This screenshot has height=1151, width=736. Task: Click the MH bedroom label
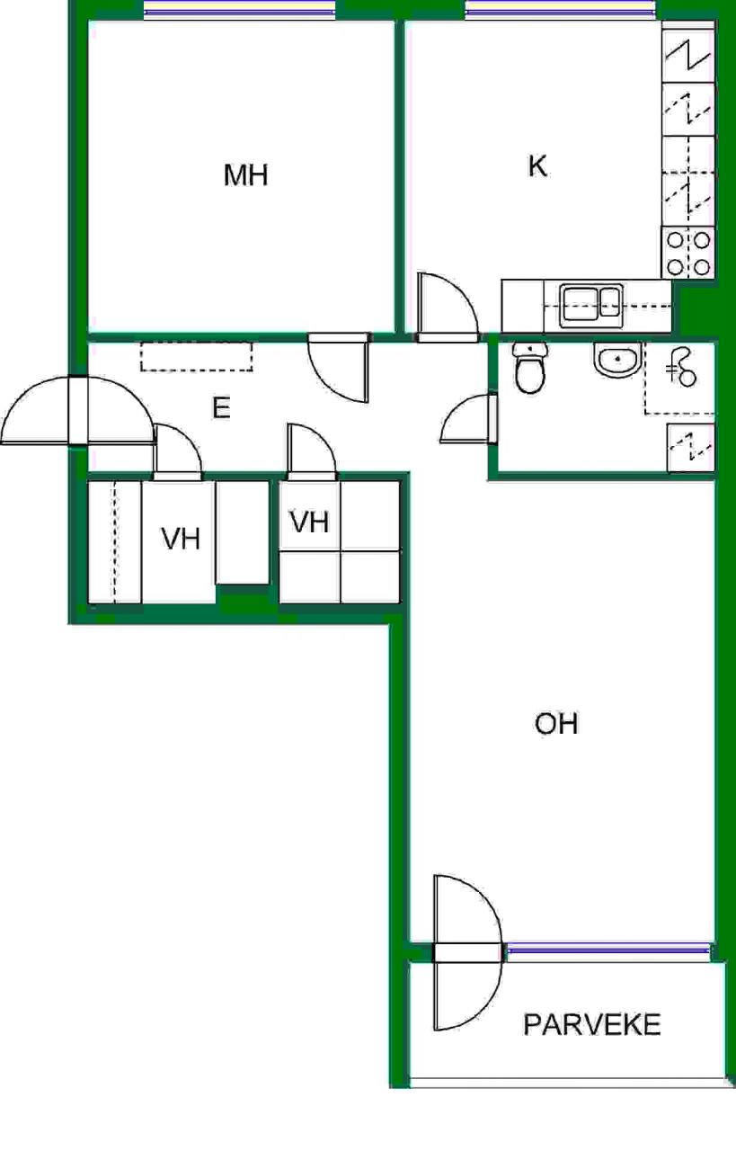coord(245,175)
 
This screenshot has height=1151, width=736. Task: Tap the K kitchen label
coord(537,166)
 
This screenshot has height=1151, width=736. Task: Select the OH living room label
coord(556,724)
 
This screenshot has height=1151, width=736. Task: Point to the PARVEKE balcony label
coord(591,1024)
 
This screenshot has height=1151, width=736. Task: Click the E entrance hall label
coord(221,408)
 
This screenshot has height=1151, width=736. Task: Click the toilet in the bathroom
coord(529,368)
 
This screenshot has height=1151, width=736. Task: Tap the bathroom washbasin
coord(618,359)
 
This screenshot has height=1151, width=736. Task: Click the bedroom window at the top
coord(239,9)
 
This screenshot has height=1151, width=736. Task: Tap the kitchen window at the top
coord(561,9)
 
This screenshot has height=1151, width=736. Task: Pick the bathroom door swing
coord(468,418)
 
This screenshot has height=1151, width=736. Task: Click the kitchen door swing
coord(448,308)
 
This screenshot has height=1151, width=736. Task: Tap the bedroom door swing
coord(339,368)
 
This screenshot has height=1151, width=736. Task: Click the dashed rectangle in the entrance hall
coord(196,357)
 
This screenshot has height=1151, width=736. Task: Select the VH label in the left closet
coord(181,539)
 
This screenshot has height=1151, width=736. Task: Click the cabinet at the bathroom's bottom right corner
coord(691,448)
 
